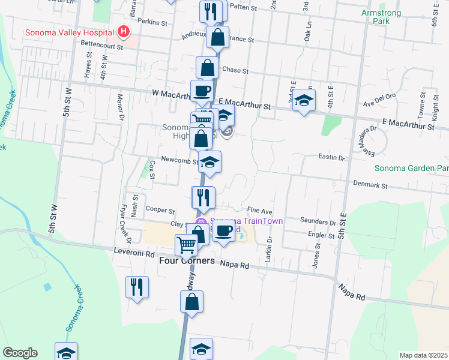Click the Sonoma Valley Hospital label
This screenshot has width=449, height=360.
click(x=70, y=32)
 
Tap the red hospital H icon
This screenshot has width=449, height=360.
click(x=123, y=31)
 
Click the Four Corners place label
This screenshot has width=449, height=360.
click(x=187, y=262)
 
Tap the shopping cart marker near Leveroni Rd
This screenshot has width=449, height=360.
click(x=187, y=245)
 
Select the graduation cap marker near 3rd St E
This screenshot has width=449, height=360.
click(x=304, y=100)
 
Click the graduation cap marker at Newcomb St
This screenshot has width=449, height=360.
click(x=209, y=162)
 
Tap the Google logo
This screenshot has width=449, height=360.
click(x=20, y=353)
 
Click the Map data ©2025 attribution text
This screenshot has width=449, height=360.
click(x=423, y=355)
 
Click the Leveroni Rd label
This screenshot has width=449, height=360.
click(x=134, y=253)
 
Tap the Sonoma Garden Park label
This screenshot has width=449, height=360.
click(x=412, y=169)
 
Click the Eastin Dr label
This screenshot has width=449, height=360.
click(x=333, y=158)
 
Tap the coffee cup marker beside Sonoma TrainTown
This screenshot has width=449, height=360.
click(x=224, y=230)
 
